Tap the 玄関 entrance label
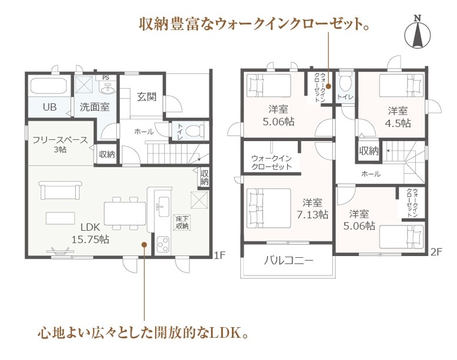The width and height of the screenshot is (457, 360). [x=147, y=96]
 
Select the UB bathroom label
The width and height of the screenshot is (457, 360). [x=49, y=107]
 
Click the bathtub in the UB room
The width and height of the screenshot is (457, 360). [x=49, y=85]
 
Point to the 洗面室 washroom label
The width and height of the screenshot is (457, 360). [x=95, y=107]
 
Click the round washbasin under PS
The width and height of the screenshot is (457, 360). [x=107, y=89]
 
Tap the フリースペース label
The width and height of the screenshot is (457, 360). [x=60, y=140]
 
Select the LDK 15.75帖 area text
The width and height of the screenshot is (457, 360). [x=90, y=234]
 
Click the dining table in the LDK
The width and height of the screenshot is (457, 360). [x=125, y=213]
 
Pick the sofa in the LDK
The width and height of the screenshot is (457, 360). [x=61, y=190]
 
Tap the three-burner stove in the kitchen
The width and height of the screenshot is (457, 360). [x=163, y=244]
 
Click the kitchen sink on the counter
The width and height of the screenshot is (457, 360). [x=163, y=207]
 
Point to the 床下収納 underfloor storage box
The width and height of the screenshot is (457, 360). [x=182, y=223]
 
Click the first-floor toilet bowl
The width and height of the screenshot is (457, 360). [x=194, y=130]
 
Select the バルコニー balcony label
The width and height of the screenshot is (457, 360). [x=288, y=260]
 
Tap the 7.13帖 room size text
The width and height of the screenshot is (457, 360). [x=312, y=214]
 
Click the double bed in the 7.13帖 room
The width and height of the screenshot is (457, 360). [x=268, y=208]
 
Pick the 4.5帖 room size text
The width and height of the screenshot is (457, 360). [x=399, y=123]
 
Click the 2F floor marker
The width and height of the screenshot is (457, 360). [x=436, y=252]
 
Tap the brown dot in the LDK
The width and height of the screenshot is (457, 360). [x=144, y=244]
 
